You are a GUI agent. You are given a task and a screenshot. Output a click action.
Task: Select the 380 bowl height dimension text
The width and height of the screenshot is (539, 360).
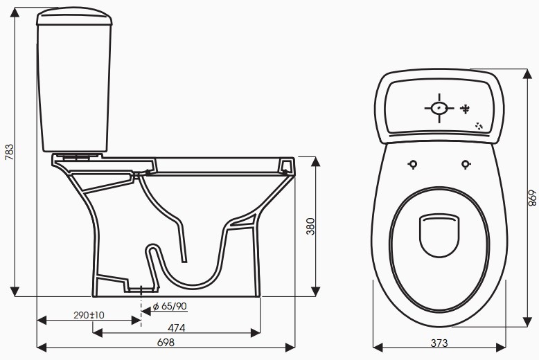point(311,226)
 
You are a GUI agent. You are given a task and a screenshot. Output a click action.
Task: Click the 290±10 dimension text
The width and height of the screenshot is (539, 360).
point(89,315)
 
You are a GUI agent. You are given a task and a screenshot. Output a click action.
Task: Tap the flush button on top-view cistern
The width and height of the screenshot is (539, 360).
point(439,108)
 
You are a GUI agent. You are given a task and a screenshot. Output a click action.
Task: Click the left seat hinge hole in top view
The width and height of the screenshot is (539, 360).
point(413,164)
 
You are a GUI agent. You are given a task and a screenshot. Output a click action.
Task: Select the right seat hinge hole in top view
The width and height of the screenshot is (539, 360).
point(465,164)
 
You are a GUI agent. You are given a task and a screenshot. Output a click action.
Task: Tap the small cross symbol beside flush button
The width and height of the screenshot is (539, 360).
point(466,108)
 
